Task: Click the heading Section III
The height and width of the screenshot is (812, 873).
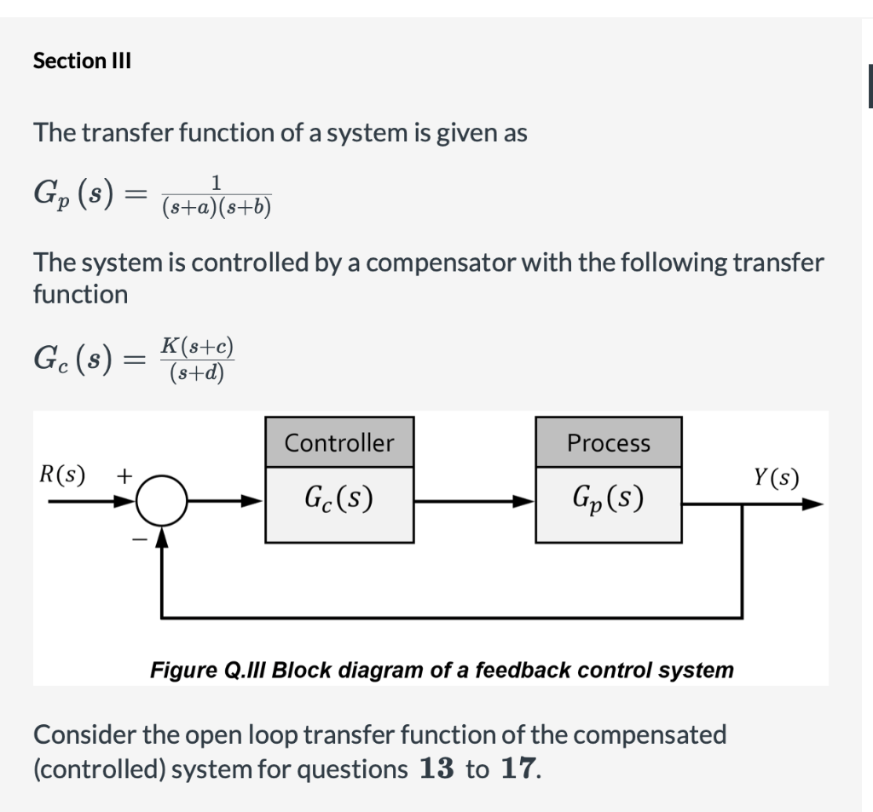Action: pos(82,61)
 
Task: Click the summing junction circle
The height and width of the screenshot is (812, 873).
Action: pos(163,503)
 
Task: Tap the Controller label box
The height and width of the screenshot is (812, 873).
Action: pos(339,442)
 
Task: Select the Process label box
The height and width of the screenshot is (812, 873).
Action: pos(609,442)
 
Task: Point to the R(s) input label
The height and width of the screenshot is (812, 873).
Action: pos(62,475)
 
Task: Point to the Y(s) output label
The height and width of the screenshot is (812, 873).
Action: pos(777,478)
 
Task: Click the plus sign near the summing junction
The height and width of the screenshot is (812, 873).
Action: pos(124,475)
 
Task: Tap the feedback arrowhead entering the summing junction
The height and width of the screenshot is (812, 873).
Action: pos(163,537)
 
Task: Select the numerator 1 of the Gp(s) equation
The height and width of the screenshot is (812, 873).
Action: pos(217,181)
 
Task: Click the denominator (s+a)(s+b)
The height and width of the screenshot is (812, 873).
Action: pos(217,207)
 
